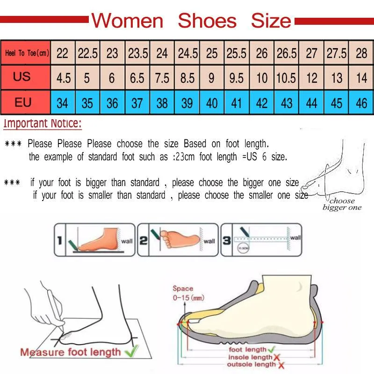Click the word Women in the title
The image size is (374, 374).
coord(127,21)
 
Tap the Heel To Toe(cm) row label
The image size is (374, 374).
coord(27,53)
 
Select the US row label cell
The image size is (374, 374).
coord(22,77)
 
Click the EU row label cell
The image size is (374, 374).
coord(22,102)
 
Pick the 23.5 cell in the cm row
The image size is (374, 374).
coord(137,53)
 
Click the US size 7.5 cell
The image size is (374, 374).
coord(162,78)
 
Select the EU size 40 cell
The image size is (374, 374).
coord(212,103)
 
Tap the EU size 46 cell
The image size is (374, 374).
coord(361,103)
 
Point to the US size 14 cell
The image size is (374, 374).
coord(361,78)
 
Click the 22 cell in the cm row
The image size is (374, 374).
coord(62,53)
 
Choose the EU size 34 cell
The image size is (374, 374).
coord(62,103)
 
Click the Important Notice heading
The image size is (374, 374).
coord(43,124)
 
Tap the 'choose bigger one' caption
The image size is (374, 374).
coord(342,204)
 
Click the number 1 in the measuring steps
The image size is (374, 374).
coord(59,241)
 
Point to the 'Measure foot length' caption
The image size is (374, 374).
coord(70,352)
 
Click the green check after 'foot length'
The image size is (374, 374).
coord(272,349)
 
